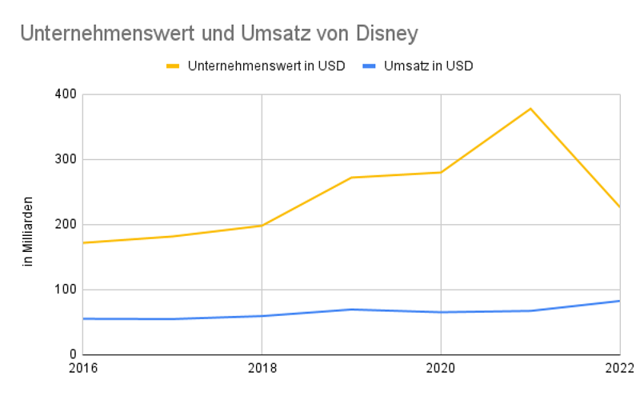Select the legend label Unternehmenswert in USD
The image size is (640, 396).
[266, 66]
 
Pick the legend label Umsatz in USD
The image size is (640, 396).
[427, 66]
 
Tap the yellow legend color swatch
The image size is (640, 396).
[173, 66]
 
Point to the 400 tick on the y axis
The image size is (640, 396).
[66, 94]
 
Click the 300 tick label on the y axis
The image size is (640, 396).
[66, 159]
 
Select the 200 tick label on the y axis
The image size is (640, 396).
[66, 225]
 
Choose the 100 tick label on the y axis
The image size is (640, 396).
[66, 290]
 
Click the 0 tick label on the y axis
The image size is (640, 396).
[73, 354]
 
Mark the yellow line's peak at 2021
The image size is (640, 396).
[530, 109]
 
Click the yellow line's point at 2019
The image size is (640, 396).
[351, 178]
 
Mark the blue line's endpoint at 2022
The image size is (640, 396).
[619, 301]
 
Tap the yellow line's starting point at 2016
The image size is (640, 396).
[84, 242]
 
